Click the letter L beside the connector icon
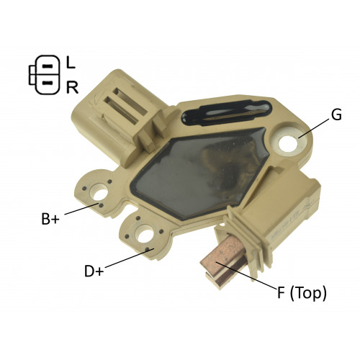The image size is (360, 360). pyautogui.click(x=71, y=62)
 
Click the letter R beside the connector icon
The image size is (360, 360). pyautogui.click(x=72, y=87)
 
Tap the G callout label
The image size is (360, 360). pyautogui.click(x=336, y=115)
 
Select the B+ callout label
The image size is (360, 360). pyautogui.click(x=50, y=218)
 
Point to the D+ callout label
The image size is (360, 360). pyautogui.click(x=94, y=271)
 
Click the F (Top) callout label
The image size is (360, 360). pyautogui.click(x=302, y=293)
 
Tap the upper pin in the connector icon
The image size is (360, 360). pyautogui.click(x=48, y=66)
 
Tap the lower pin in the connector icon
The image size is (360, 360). pyautogui.click(x=48, y=84)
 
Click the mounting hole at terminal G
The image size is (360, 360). pyautogui.click(x=289, y=143)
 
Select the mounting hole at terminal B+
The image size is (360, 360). pyautogui.click(x=101, y=193)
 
